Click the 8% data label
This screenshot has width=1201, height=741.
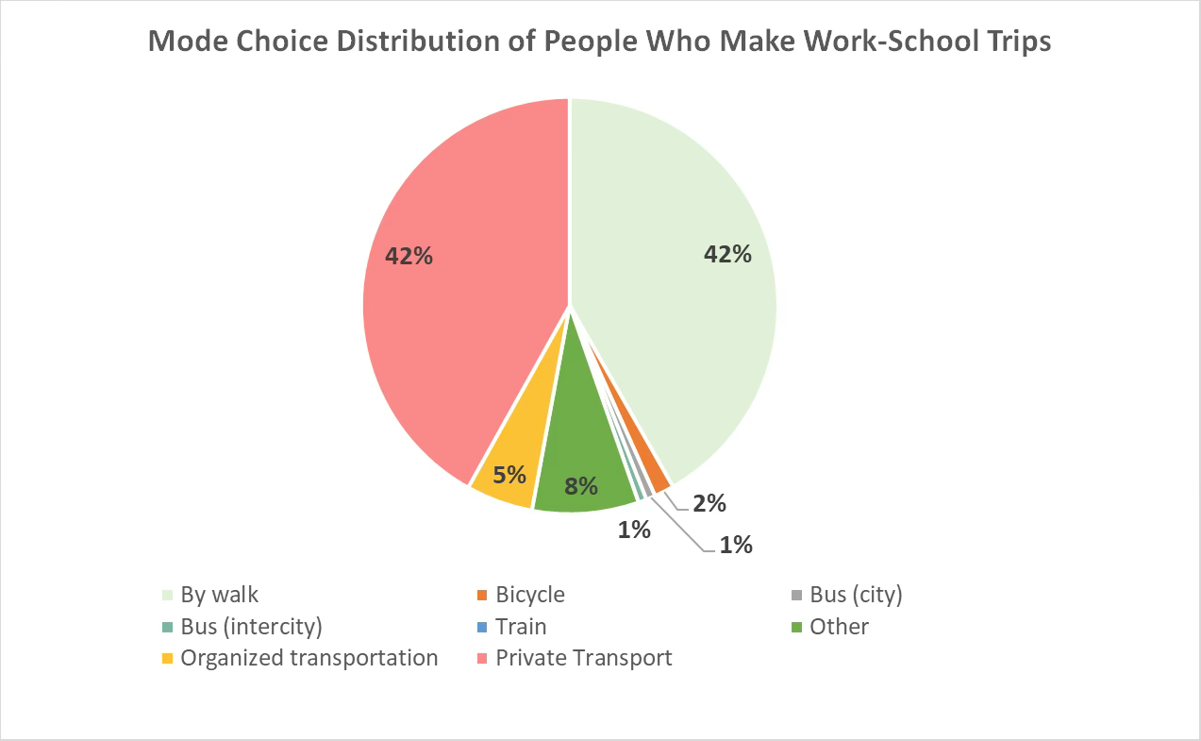[x=581, y=486]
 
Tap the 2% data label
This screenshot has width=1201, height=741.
[x=709, y=503]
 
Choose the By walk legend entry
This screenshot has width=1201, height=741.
[x=219, y=595]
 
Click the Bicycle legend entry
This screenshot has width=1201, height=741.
[x=529, y=595]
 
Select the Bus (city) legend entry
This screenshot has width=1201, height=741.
[x=856, y=595]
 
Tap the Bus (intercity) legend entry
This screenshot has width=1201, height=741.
[x=251, y=627]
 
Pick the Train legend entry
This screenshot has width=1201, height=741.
[x=521, y=627]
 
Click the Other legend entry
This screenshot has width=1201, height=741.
[x=839, y=627]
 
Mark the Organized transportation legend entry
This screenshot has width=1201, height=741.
[x=309, y=658]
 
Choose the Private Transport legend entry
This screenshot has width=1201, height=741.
[x=583, y=658]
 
